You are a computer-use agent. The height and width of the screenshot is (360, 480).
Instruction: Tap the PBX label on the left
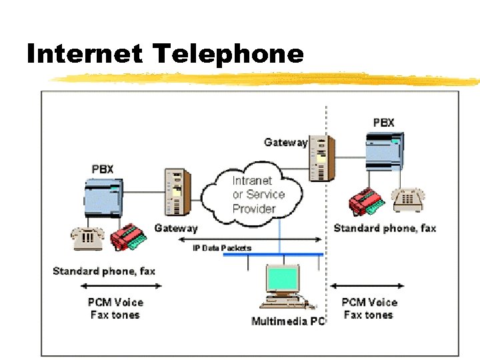[x=103, y=169]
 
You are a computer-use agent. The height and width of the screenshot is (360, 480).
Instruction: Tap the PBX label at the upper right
[x=383, y=123]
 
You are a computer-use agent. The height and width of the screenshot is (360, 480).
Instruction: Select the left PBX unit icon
[x=103, y=198]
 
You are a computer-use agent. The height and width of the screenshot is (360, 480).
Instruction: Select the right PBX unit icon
[x=385, y=151]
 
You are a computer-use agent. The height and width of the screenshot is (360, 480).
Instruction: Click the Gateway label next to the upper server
[x=285, y=142]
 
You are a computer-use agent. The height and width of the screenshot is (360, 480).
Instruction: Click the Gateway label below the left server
[x=176, y=228]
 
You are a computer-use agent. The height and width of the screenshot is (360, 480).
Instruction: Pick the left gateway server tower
[x=177, y=193]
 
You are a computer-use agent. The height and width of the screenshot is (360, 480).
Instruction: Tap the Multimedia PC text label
[x=288, y=321]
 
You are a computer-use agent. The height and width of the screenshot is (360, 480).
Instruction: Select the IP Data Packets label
[x=222, y=248]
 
